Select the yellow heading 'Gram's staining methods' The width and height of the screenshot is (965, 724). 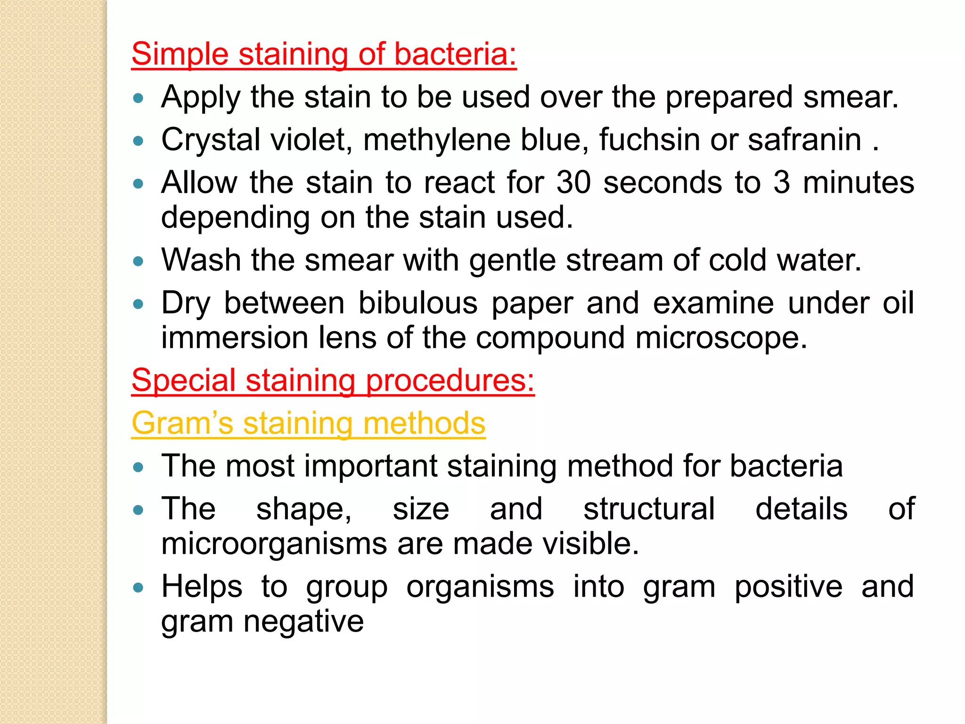tap(308, 423)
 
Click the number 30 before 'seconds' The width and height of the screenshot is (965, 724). tap(573, 182)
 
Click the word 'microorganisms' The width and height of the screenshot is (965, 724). tap(274, 543)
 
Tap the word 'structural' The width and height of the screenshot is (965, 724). tap(649, 509)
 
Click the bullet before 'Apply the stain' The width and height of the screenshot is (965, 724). tap(138, 98)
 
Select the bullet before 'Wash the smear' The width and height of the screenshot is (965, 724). tap(138, 261)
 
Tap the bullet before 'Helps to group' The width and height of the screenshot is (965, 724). tap(138, 588)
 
